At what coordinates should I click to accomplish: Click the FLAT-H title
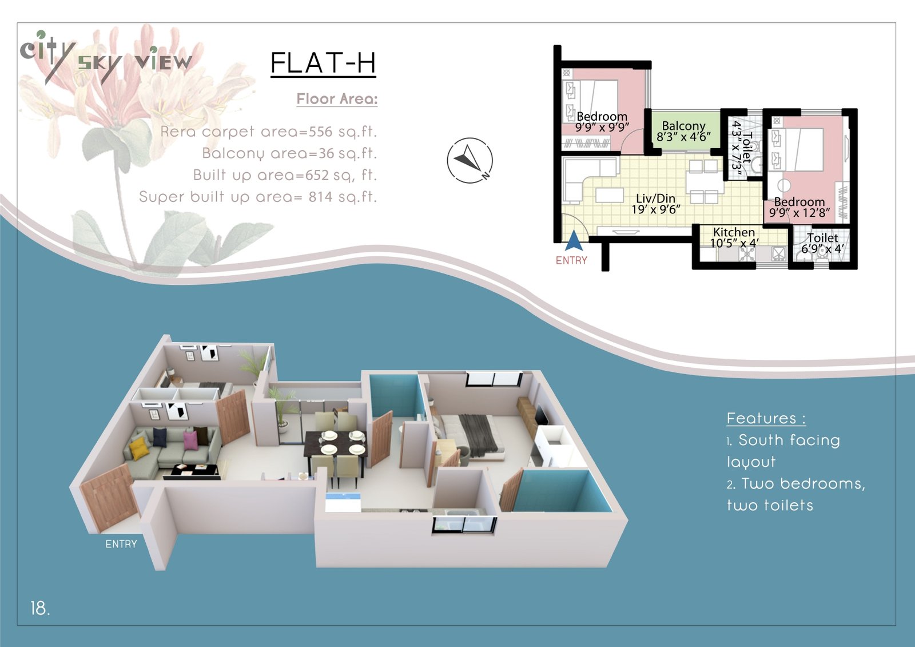pyautogui.click(x=323, y=63)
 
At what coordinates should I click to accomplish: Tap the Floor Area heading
pyautogui.click(x=337, y=99)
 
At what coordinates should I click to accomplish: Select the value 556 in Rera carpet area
pyautogui.click(x=321, y=132)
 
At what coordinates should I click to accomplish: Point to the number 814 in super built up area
pyautogui.click(x=321, y=197)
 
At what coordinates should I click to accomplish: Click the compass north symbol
pyautogui.click(x=470, y=160)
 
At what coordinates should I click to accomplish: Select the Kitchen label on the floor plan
pyautogui.click(x=734, y=232)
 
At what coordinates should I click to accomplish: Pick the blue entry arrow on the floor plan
pyautogui.click(x=574, y=240)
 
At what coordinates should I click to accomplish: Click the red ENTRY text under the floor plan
pyautogui.click(x=571, y=260)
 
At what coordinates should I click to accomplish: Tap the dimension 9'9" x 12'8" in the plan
pyautogui.click(x=799, y=213)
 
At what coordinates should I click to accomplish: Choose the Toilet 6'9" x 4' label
pyautogui.click(x=822, y=243)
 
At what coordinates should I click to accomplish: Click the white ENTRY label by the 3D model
pyautogui.click(x=121, y=544)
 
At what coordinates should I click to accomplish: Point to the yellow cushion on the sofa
pyautogui.click(x=138, y=443)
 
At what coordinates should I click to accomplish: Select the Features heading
pyautogui.click(x=766, y=419)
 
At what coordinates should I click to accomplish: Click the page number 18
pyautogui.click(x=40, y=608)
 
